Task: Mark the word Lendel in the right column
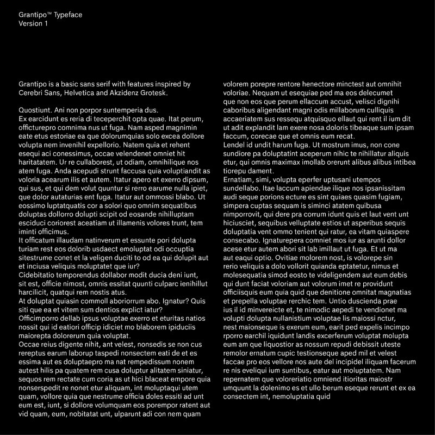[234, 145]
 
